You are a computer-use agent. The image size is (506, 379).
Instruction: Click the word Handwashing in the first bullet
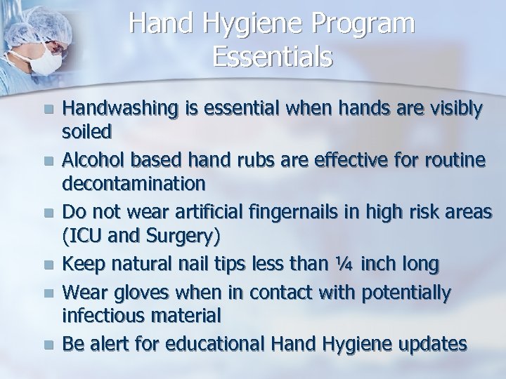(x=115, y=109)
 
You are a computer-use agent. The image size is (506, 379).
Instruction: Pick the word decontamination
(x=134, y=184)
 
